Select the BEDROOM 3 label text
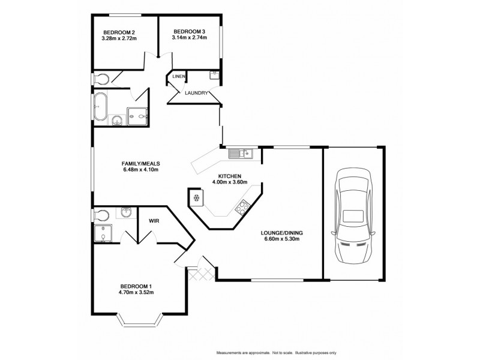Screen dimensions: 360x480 [189, 31]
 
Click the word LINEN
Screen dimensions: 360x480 [179, 77]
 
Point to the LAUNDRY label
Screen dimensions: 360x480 [197, 93]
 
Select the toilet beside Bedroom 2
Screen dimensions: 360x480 [101, 78]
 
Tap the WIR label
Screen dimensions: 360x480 [153, 221]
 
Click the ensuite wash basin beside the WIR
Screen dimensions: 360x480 [126, 213]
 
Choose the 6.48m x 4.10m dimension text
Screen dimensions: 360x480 [140, 170]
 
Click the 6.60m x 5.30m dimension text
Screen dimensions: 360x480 [280, 238]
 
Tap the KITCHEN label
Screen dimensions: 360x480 [225, 176]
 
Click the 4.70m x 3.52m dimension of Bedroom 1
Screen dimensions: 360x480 [136, 293]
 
